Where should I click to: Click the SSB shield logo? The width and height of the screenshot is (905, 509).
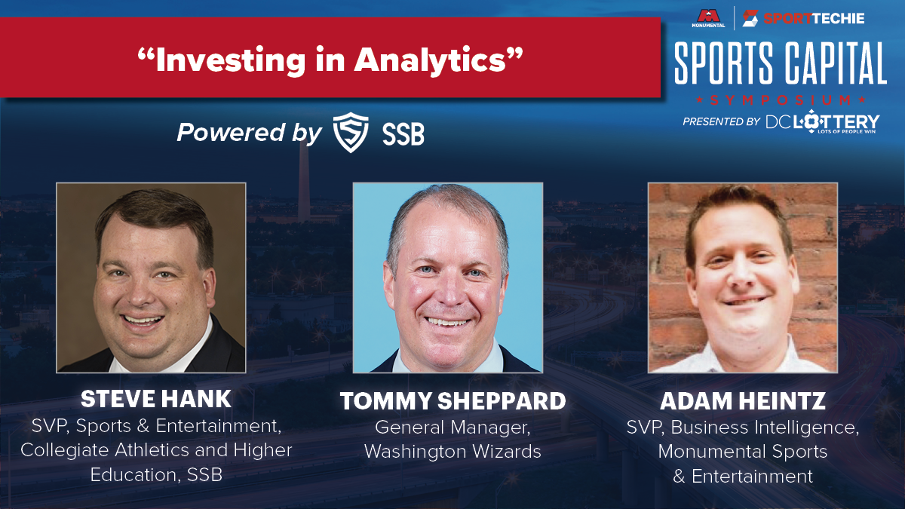tap(350, 133)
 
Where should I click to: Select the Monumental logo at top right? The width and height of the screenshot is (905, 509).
tap(708, 19)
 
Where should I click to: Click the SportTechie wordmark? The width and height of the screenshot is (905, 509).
tap(804, 18)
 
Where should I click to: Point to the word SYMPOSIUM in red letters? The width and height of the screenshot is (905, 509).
tap(781, 100)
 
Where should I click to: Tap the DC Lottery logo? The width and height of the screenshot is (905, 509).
tap(822, 121)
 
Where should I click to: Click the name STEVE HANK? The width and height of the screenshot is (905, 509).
tap(156, 399)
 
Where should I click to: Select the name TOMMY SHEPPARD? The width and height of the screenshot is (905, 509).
tap(453, 400)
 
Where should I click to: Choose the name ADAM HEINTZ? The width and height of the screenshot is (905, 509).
tap(743, 400)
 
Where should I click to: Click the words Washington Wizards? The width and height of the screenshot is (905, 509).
tap(452, 451)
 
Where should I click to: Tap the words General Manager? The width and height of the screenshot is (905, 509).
tap(452, 428)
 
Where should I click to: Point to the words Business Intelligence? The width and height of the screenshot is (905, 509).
tap(765, 428)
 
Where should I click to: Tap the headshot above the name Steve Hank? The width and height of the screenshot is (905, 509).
tap(151, 277)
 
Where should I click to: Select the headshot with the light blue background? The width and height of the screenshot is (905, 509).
tap(448, 277)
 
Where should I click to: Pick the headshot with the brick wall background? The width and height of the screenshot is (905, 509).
tap(743, 277)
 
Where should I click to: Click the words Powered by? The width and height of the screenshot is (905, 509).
tap(250, 133)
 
